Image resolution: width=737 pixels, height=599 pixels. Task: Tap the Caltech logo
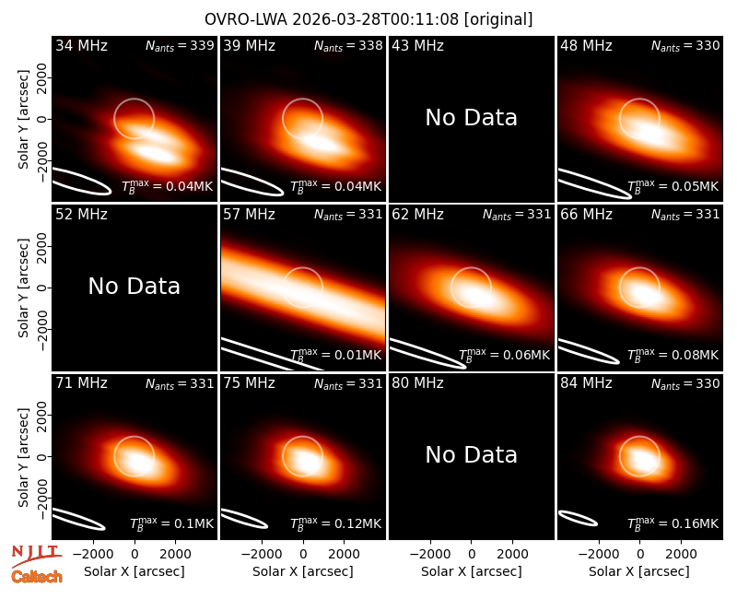[37, 577]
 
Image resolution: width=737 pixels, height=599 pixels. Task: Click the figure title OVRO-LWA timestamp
[368, 19]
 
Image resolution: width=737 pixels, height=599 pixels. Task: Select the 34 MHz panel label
[81, 45]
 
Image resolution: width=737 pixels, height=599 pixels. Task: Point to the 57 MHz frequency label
[249, 215]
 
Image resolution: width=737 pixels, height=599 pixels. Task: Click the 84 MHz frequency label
[586, 383]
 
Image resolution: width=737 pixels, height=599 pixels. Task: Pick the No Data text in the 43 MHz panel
[471, 117]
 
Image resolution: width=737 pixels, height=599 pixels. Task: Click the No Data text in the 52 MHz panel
[134, 286]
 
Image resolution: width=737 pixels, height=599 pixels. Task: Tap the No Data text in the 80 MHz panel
[471, 454]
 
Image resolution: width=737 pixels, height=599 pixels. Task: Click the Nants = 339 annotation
[180, 45]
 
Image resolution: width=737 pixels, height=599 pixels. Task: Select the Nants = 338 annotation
[348, 45]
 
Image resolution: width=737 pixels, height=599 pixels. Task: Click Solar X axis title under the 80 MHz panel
[471, 571]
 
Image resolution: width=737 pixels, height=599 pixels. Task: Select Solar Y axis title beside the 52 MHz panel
[23, 288]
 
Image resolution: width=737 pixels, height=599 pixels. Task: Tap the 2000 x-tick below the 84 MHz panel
[681, 554]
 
